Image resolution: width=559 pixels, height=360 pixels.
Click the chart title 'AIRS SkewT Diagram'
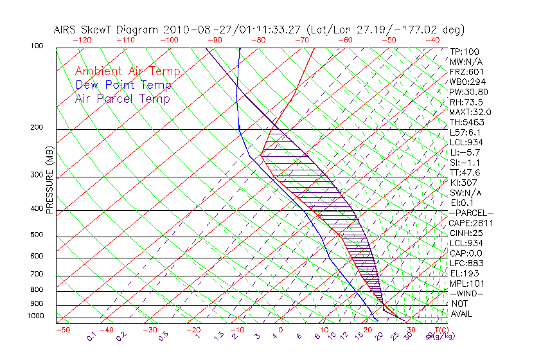pyautogui.click(x=107, y=30)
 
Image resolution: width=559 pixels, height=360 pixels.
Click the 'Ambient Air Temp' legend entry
pyautogui.click(x=127, y=71)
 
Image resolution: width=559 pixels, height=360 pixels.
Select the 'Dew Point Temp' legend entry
pyautogui.click(x=123, y=85)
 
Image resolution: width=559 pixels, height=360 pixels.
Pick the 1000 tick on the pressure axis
pyautogui.click(x=36, y=316)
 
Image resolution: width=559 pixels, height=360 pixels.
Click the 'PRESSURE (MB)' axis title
pyautogui.click(x=50, y=187)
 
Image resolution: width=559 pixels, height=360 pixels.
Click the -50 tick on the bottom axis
pyautogui.click(x=62, y=330)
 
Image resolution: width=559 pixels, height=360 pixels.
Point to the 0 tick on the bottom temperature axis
pyautogui.click(x=280, y=330)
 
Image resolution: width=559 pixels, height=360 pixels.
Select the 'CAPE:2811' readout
pyautogui.click(x=471, y=223)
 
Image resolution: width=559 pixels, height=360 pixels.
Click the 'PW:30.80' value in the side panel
pyautogui.click(x=468, y=92)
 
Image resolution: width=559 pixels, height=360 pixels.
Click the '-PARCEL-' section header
pyautogui.click(x=471, y=213)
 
